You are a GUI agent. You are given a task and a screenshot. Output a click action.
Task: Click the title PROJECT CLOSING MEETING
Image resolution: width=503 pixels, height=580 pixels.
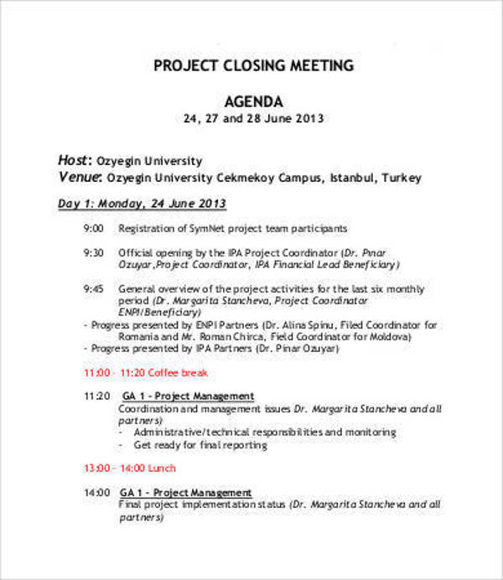[253, 66]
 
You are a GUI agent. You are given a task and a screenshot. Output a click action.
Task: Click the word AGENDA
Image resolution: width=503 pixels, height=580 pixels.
[253, 99]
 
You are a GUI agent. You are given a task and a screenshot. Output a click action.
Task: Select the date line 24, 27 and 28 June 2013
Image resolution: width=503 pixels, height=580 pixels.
[253, 118]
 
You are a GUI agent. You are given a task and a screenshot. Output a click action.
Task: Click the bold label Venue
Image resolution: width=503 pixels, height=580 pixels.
[78, 177]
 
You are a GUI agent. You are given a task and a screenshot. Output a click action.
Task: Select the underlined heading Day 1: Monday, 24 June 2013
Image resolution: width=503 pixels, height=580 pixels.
[141, 204]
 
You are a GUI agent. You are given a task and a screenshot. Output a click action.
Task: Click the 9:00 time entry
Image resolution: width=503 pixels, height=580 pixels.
[93, 228]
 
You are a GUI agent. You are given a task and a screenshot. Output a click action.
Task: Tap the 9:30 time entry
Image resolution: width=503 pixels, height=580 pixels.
[93, 251]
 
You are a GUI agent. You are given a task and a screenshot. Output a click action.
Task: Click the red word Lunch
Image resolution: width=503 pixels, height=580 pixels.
[161, 469]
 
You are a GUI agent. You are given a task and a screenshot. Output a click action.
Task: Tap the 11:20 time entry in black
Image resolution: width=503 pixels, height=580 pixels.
[96, 396]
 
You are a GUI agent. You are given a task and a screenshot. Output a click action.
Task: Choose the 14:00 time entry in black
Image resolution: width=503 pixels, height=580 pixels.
[96, 492]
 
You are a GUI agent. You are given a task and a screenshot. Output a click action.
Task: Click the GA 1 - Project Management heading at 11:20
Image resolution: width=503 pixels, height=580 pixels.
[187, 396]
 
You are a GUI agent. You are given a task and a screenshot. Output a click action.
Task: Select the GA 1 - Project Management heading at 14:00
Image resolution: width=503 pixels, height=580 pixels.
[186, 492]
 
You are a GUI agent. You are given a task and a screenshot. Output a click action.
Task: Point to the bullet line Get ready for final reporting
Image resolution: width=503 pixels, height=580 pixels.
[200, 444]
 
